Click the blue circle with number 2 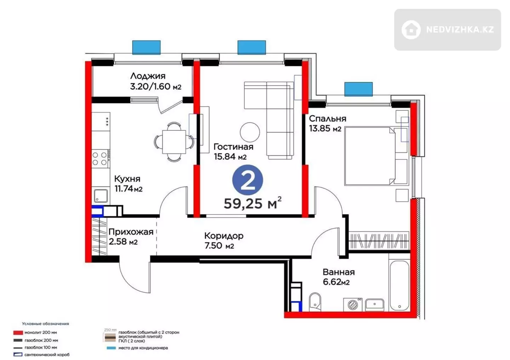(248, 180)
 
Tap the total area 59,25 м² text (253, 203)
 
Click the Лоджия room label (148, 76)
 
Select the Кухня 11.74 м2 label (128, 184)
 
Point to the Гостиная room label (233, 147)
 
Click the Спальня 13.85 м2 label (327, 123)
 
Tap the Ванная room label (339, 272)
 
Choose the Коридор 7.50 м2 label (224, 241)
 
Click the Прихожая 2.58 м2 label (131, 237)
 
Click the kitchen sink (101, 196)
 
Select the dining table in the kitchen (174, 142)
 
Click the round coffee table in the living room (250, 132)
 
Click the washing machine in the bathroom (353, 304)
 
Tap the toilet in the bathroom (315, 302)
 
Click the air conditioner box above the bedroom (358, 89)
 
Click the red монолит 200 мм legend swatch (18, 333)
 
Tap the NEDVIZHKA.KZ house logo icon (411, 30)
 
